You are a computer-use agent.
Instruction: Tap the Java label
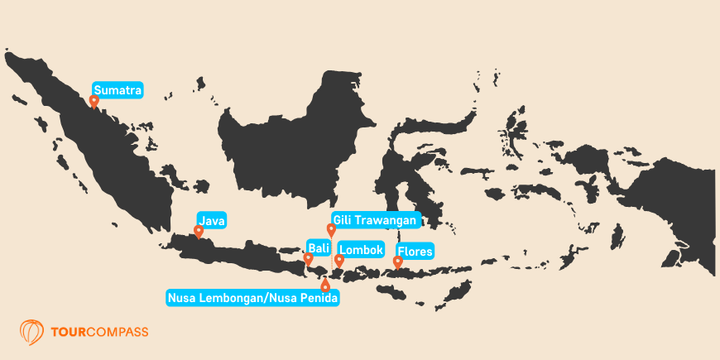point(211,220)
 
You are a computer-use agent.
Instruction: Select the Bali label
point(318,247)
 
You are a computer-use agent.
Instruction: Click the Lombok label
point(361,247)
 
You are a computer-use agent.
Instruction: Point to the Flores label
point(415,251)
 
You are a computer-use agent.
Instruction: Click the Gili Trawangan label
point(376,219)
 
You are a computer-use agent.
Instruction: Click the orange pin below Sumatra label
point(94,102)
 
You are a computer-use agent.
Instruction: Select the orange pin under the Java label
point(199,232)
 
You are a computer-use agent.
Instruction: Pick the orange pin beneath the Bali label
point(309,258)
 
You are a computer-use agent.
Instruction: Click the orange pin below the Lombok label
point(339,261)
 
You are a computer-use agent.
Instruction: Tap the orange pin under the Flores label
point(398,262)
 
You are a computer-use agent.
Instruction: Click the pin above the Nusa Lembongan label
point(325,286)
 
